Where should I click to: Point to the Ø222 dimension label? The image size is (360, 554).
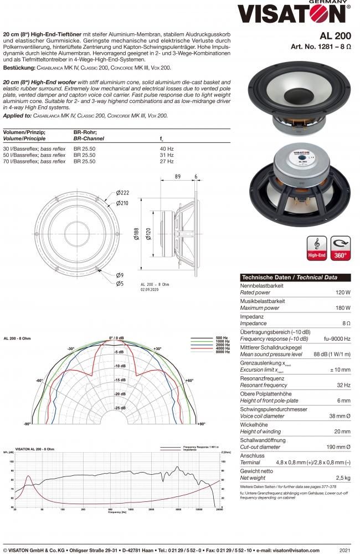(122, 192)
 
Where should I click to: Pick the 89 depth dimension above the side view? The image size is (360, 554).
(177, 176)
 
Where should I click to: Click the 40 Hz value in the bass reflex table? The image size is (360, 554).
(167, 149)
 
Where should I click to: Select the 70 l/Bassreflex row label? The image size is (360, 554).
(34, 161)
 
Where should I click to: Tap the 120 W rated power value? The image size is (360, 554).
(343, 292)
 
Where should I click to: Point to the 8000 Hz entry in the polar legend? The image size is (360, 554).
(222, 352)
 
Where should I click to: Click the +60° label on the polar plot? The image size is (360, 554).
(189, 381)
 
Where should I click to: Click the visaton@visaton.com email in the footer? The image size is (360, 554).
(288, 550)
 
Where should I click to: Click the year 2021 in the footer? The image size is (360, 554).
(344, 550)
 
